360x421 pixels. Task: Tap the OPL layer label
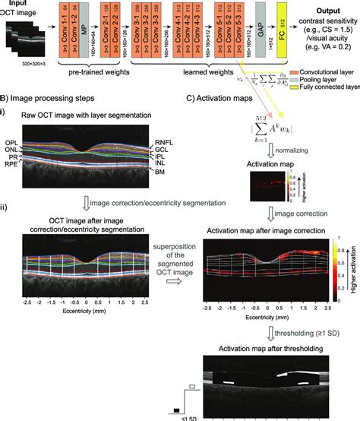pyautogui.click(x=12, y=122)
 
